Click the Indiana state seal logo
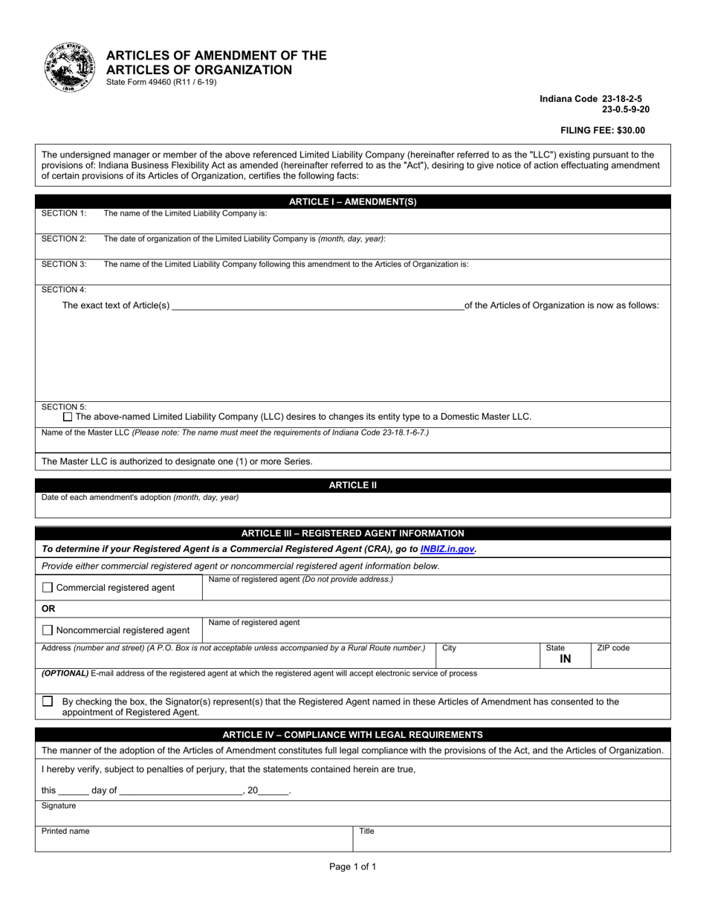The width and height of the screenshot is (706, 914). coord(70,67)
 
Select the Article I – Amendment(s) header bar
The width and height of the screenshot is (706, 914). coord(352,201)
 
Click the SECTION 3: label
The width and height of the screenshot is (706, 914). coord(64,264)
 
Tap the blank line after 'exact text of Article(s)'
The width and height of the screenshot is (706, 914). coord(317,305)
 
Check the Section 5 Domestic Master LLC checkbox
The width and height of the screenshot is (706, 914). coord(68,417)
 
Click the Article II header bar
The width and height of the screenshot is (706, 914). coord(352,485)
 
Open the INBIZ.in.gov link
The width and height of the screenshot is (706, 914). coord(447,549)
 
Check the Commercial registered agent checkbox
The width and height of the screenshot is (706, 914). coord(48,588)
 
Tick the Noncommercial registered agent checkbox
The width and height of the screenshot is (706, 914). coord(48,630)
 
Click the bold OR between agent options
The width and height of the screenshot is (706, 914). coord(48,609)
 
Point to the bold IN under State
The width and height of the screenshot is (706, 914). coord(565,658)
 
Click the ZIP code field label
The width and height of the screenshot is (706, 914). coord(613,648)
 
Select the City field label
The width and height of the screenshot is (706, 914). coord(449,648)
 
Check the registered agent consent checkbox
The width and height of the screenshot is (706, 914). coord(48,701)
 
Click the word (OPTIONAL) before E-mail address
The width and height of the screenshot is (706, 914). coord(65,673)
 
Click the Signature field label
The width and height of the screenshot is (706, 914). coord(59,806)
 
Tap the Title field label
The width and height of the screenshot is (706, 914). coord(367,832)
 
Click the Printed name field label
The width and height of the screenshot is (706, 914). coord(65,832)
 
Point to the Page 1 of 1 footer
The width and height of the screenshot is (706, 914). coord(352,866)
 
